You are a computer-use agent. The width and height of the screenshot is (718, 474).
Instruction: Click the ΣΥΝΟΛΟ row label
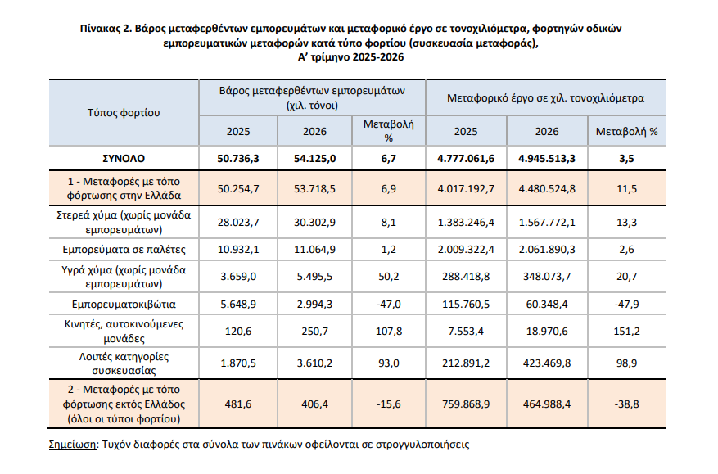click(124, 159)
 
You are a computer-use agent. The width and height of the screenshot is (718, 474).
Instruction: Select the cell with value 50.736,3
click(238, 159)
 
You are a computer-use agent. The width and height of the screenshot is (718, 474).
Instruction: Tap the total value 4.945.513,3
click(547, 159)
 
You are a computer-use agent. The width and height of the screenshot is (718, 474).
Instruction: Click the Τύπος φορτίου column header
click(124, 113)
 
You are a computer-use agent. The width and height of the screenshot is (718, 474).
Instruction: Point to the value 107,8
click(389, 331)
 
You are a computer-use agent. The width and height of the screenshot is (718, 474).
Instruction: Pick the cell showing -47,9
click(626, 304)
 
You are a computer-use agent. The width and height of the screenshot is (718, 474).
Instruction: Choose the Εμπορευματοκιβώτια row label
click(124, 304)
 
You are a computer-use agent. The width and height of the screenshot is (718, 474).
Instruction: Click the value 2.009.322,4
click(466, 250)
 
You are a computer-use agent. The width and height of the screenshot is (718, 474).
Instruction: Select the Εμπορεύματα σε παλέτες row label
click(124, 250)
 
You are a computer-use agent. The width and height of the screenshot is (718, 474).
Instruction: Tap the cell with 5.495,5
click(314, 277)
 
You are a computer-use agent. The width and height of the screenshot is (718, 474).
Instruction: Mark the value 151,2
click(626, 331)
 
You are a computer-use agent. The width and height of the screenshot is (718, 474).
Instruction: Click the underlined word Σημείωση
click(72, 445)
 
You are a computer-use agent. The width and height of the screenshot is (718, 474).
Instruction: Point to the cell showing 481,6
click(238, 404)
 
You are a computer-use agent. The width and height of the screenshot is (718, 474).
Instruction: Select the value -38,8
click(626, 404)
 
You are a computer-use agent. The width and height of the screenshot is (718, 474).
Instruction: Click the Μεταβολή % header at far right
click(626, 132)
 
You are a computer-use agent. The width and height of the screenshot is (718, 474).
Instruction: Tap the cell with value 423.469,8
click(547, 363)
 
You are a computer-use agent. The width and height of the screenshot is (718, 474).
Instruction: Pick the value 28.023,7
click(238, 222)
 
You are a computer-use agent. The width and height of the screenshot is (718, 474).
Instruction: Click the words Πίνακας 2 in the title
click(106, 29)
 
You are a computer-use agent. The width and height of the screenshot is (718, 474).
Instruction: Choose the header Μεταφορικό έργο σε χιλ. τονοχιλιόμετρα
click(545, 98)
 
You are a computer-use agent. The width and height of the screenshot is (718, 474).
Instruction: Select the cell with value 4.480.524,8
click(547, 188)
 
